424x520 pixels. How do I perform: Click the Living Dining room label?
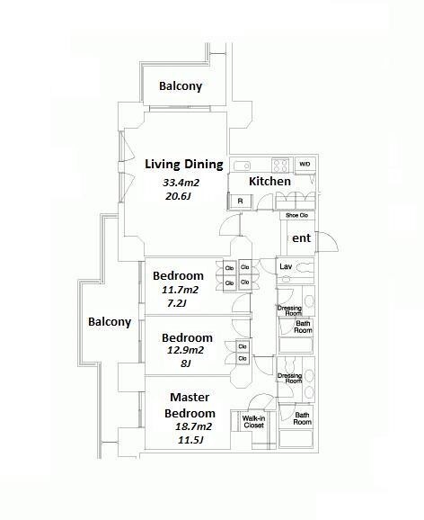184,165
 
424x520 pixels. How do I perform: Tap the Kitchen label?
269,182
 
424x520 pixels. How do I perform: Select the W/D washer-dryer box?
305,165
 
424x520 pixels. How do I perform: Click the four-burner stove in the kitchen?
280,166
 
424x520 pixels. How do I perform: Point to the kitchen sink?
243,166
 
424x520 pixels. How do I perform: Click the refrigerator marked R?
240,201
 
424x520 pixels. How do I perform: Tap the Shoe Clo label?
296,216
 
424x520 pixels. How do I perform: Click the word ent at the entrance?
301,238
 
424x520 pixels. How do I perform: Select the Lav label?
285,266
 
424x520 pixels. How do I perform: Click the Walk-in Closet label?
253,422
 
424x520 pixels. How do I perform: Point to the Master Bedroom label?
190,405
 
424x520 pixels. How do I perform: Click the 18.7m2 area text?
193,426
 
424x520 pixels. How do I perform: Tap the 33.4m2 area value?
181,183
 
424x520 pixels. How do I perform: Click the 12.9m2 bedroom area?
185,351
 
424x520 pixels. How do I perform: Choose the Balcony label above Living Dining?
181,85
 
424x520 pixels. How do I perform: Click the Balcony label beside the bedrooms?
110,322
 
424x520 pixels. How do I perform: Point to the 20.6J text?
178,196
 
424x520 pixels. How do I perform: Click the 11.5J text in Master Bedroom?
190,441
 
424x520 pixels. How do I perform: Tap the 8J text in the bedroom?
185,363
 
